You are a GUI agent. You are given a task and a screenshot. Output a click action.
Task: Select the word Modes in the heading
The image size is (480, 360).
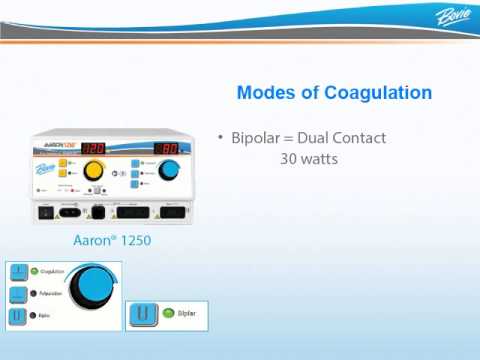pos(263,93)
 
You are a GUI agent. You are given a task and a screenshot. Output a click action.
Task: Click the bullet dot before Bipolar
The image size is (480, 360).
pos(221,137)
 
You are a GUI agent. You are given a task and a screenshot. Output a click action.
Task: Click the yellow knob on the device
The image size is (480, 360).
pos(94,171)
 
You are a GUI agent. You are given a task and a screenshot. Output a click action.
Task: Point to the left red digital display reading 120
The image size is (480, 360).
pos(93,148)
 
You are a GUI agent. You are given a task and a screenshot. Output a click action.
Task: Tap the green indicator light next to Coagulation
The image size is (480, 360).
pos(32,270)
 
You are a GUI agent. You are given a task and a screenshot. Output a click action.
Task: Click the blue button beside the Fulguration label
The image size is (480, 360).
pos(18,295)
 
